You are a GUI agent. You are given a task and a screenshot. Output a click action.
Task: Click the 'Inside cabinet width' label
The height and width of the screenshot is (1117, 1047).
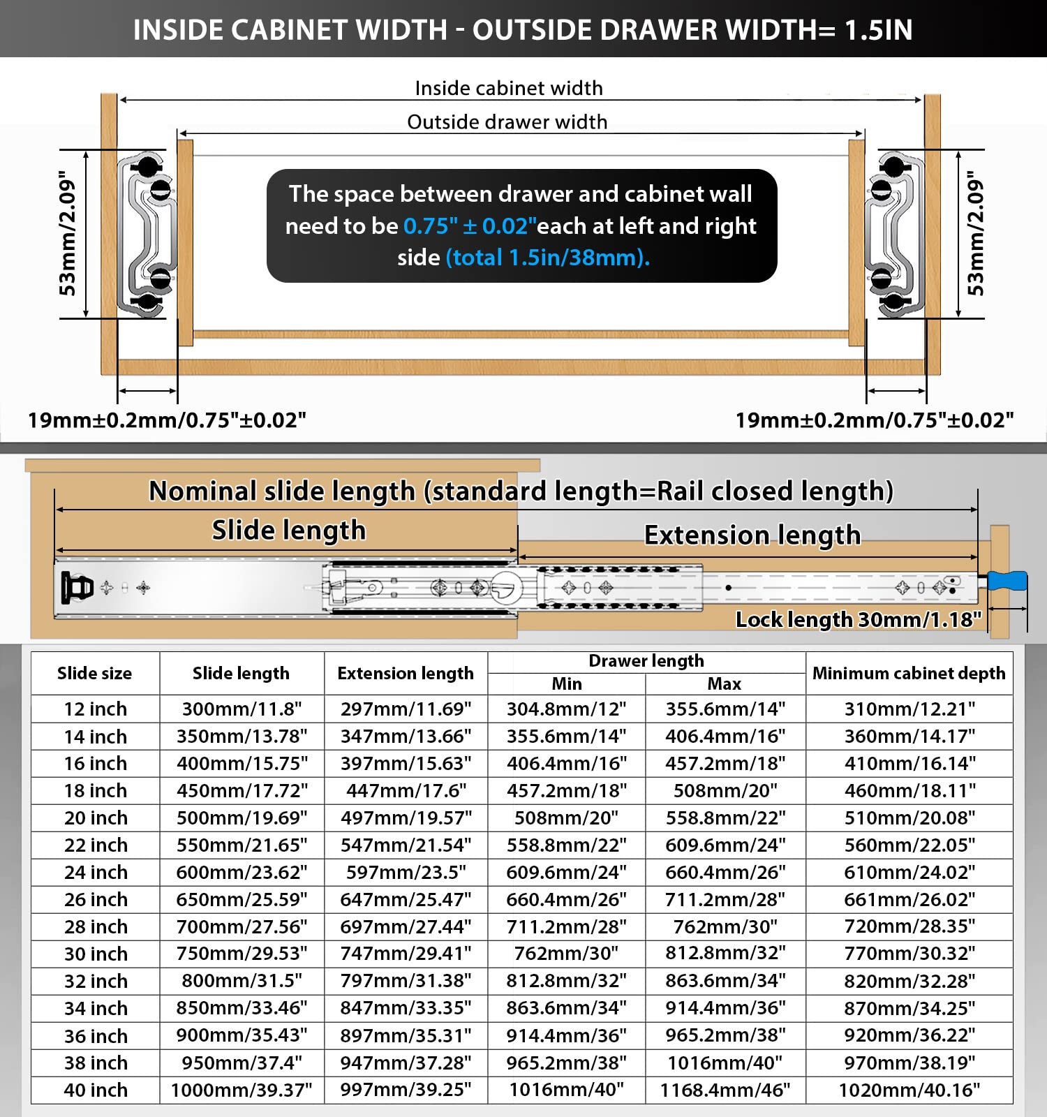click(x=508, y=88)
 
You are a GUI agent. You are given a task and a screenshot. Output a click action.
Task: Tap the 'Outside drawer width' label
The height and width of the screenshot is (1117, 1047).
click(x=507, y=122)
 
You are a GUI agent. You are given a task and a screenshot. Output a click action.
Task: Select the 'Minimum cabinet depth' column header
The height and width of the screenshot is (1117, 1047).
click(x=909, y=673)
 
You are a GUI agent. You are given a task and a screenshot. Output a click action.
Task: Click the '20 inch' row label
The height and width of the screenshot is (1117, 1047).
click(x=96, y=818)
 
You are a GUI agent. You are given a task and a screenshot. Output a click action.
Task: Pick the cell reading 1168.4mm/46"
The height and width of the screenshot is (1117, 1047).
click(x=725, y=1090)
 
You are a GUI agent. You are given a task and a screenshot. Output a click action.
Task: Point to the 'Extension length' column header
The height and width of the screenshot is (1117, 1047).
click(x=406, y=673)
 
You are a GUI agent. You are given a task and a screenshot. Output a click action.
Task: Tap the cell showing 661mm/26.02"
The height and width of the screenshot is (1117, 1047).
click(x=909, y=899)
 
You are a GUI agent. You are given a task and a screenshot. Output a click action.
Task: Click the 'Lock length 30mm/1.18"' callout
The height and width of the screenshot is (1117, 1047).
click(x=858, y=619)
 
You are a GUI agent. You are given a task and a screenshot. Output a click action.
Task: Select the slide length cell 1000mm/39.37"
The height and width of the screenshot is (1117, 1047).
click(x=242, y=1090)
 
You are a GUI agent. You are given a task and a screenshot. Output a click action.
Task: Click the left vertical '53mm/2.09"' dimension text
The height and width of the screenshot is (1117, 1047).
click(x=68, y=233)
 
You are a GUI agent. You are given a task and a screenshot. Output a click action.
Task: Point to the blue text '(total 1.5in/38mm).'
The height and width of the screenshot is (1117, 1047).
click(x=548, y=258)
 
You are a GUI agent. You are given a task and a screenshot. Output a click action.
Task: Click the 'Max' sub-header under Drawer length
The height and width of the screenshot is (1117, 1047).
click(x=725, y=683)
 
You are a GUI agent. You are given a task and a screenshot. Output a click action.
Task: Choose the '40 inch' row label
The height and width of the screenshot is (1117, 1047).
click(x=96, y=1090)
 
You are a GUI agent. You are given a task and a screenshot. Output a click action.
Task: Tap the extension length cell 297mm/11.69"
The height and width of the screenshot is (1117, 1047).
click(x=406, y=709)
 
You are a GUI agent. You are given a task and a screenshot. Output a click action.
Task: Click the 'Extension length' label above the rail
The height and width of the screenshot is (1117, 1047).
click(x=752, y=535)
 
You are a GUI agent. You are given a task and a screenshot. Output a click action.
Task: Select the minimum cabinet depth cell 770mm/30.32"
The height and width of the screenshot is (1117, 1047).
click(x=909, y=954)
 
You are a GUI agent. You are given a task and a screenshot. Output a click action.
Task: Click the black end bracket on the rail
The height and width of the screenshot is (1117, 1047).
click(x=76, y=588)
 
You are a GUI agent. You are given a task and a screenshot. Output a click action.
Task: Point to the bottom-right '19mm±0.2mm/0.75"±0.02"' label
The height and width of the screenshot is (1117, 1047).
click(x=874, y=420)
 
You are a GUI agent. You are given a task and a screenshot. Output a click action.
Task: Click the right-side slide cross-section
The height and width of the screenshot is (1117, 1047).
click(x=893, y=235)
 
